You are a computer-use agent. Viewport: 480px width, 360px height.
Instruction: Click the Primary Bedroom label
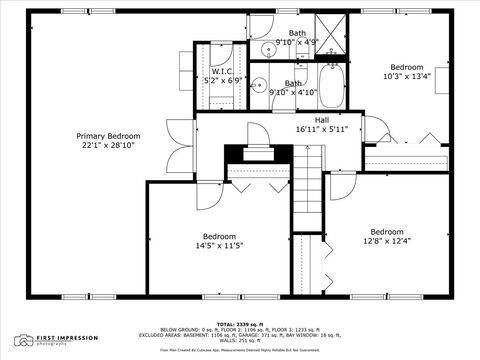pyautogui.click(x=109, y=135)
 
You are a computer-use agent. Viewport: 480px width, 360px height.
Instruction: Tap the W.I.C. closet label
pyautogui.click(x=222, y=71)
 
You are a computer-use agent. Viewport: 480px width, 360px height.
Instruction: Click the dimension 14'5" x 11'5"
pyautogui.click(x=218, y=245)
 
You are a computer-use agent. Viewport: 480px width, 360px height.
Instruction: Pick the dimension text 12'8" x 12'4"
pyautogui.click(x=386, y=240)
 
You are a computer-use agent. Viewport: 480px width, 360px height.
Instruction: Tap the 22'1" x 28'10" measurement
pyautogui.click(x=109, y=145)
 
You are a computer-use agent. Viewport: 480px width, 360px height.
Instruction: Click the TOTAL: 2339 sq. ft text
pyautogui.click(x=241, y=324)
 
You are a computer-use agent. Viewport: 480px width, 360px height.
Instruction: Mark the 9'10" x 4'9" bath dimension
pyautogui.click(x=297, y=42)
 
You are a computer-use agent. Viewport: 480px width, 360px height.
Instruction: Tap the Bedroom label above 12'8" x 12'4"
pyautogui.click(x=386, y=230)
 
